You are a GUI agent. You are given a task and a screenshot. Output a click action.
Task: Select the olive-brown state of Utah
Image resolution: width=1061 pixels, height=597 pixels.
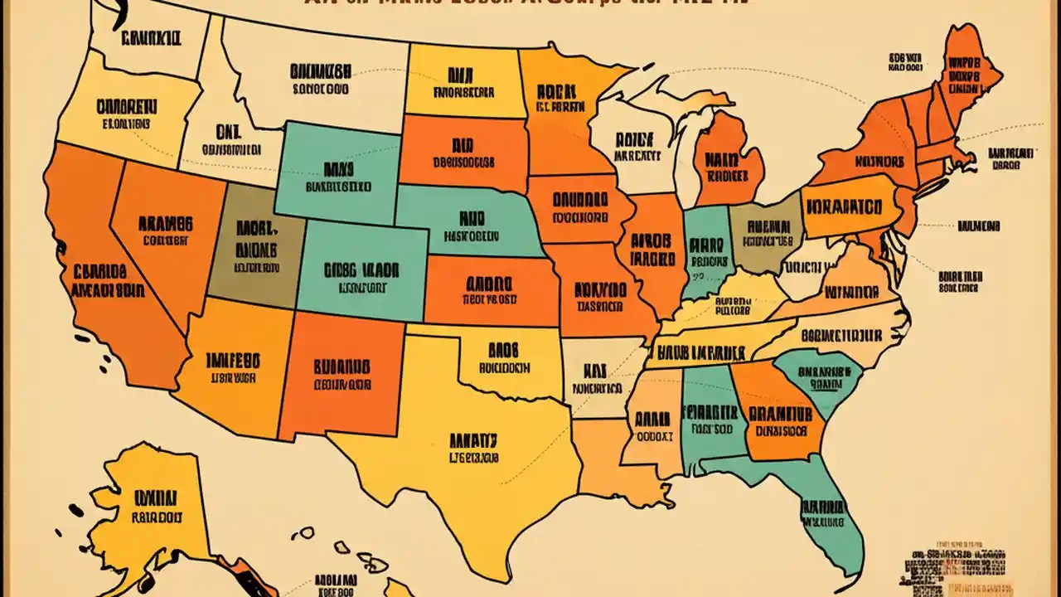pos(253,249)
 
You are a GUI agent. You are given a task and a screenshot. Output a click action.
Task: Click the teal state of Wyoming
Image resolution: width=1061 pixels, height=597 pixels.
pos(336,174)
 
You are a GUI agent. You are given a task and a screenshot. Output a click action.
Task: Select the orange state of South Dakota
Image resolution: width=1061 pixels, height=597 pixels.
pos(464,149)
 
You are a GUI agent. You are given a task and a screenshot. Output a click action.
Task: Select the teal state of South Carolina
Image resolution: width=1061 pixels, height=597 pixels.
pos(816,377)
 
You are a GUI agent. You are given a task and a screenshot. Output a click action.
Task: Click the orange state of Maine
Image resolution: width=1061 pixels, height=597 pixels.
pos(966,70)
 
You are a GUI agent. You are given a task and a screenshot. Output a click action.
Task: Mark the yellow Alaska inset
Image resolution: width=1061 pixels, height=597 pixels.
pos(153,506)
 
